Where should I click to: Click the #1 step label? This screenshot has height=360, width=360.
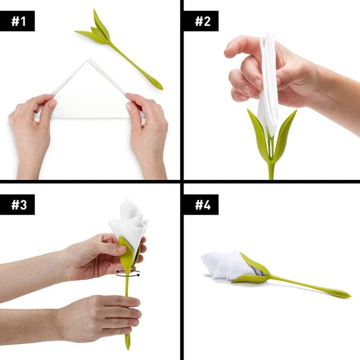[x=18, y=21]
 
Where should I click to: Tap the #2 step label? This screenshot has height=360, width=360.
[x=201, y=21]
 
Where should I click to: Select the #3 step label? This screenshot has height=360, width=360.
[x=18, y=205]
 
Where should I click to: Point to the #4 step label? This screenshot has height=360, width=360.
[x=201, y=205]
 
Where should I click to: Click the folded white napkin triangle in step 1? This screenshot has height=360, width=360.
[x=89, y=94]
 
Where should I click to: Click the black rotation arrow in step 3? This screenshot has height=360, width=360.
[x=127, y=273]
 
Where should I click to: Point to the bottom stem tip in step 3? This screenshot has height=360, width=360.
[x=128, y=343]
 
